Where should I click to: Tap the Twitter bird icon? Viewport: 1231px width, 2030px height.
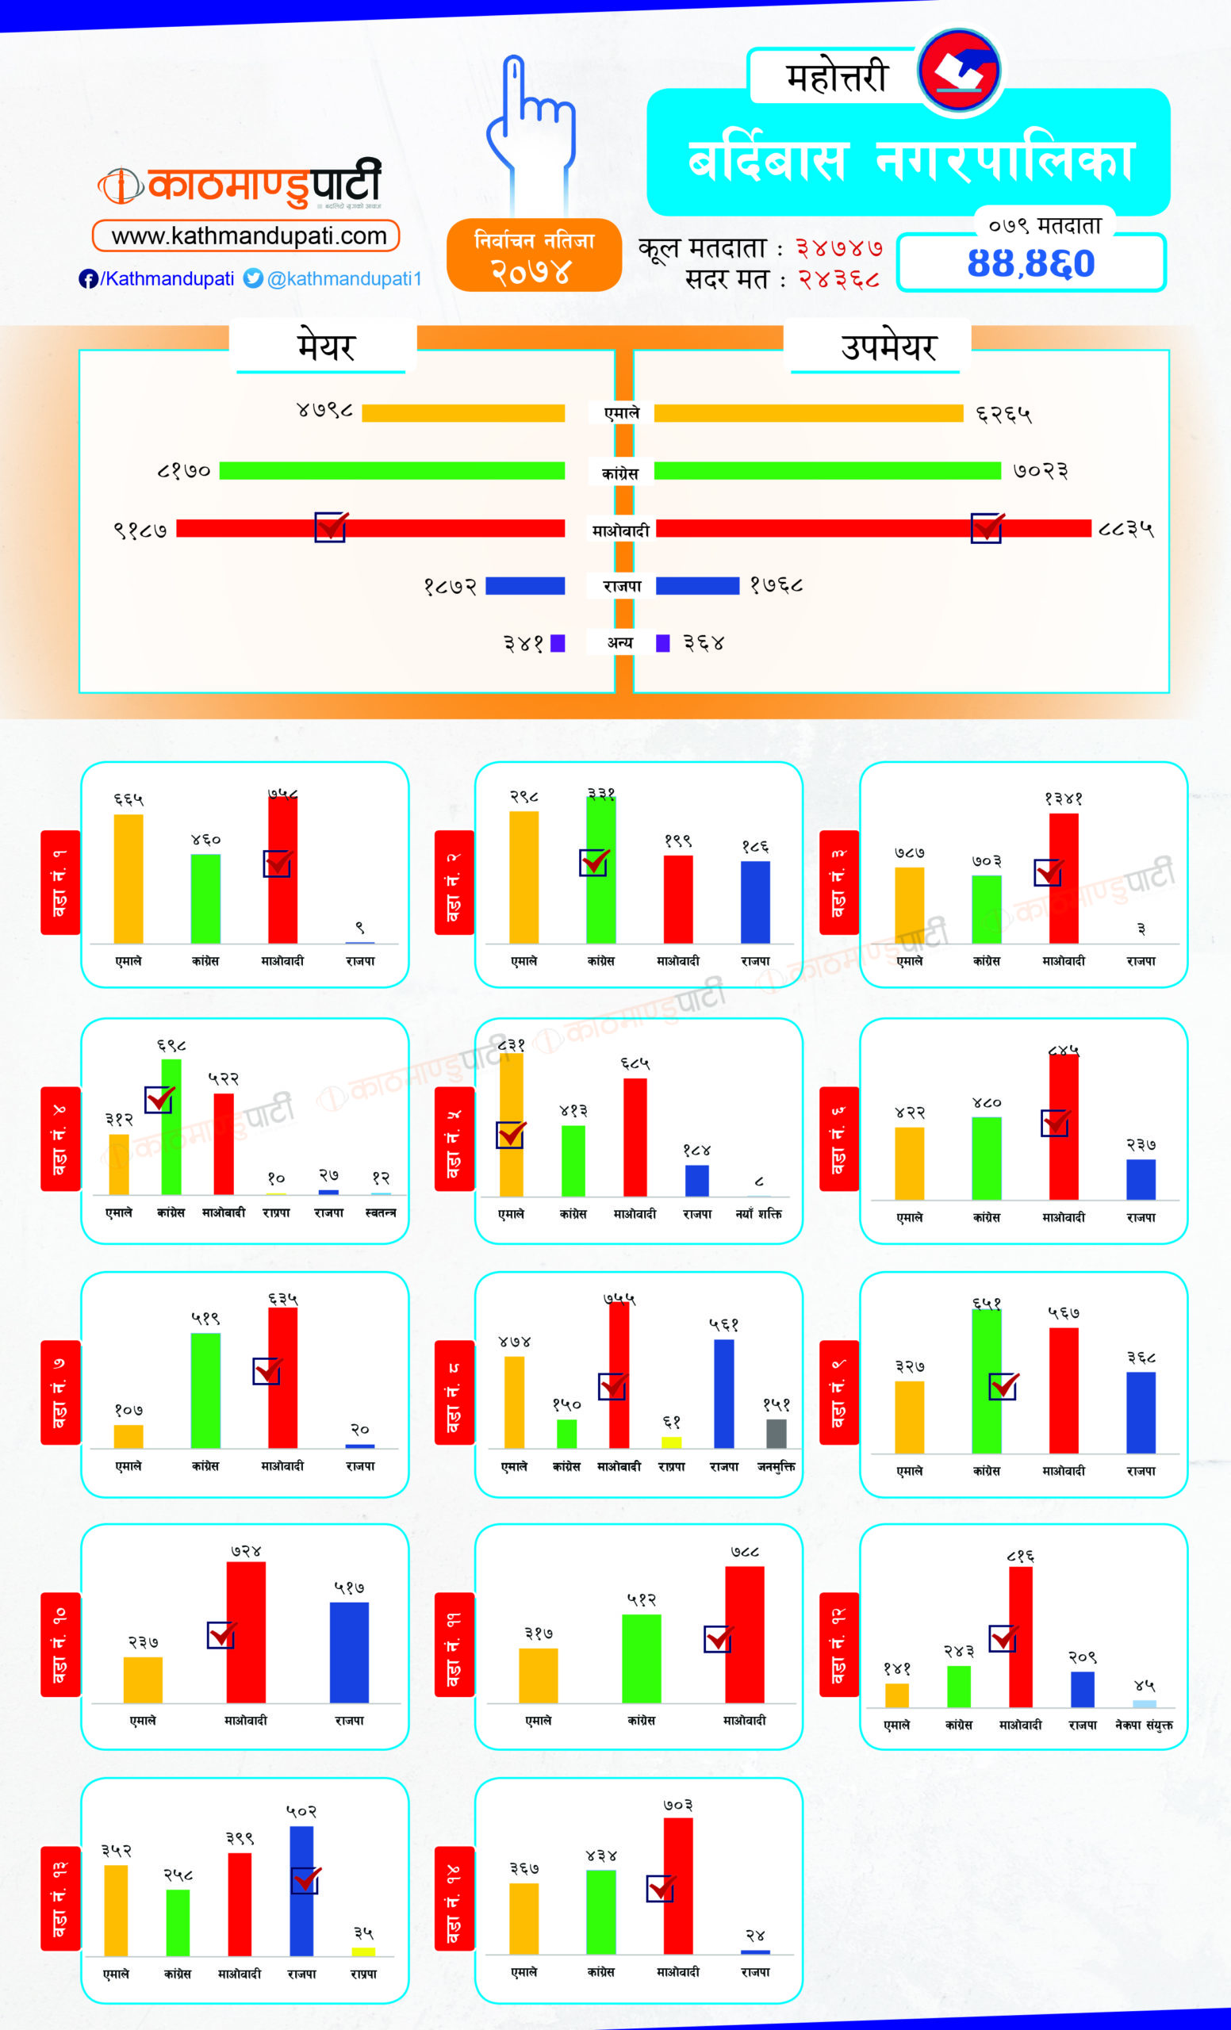(253, 278)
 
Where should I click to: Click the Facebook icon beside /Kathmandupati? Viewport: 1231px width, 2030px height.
(88, 279)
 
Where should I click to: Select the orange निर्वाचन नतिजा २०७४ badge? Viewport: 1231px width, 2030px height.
(534, 255)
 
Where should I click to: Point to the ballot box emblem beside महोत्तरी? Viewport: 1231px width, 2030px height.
(959, 70)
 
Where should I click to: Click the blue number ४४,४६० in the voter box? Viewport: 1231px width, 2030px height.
(1031, 263)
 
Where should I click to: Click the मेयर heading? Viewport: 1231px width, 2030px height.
(325, 347)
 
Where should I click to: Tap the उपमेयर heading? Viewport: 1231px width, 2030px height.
(888, 347)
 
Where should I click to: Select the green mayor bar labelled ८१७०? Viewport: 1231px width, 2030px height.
(391, 470)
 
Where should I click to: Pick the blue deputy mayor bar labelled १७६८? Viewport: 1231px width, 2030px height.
(697, 586)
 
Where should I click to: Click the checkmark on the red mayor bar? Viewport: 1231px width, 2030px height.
(331, 527)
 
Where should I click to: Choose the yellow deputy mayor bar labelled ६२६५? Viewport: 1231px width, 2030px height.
(808, 413)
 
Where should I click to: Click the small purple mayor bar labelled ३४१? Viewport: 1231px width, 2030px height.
(558, 642)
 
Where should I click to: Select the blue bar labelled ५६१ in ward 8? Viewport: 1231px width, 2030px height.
(723, 1393)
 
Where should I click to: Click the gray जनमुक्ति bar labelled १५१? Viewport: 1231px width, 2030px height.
(777, 1433)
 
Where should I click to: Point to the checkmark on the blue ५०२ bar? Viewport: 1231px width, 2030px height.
(305, 1879)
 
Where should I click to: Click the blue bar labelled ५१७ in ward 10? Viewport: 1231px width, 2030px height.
(349, 1652)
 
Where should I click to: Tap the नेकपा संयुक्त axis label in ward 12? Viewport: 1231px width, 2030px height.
(1144, 1725)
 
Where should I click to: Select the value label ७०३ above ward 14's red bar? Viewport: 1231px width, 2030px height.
(677, 1805)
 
